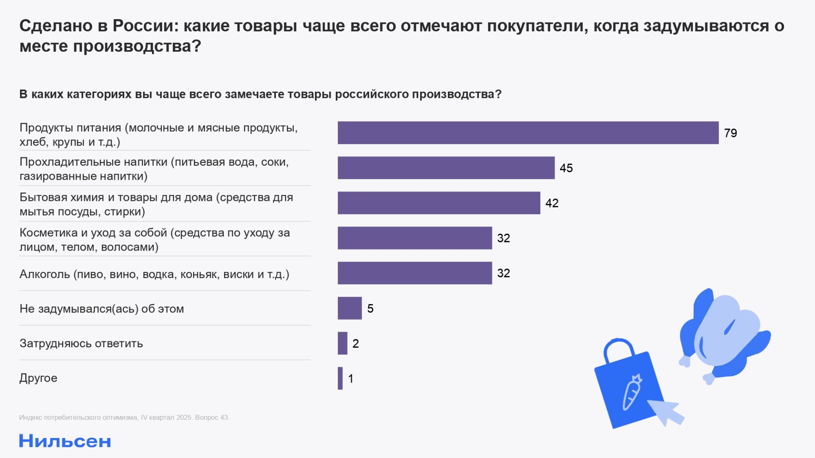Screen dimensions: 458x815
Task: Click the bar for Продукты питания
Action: pyautogui.click(x=528, y=133)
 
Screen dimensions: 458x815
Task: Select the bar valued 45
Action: pyautogui.click(x=446, y=168)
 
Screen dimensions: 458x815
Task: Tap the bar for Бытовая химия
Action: pyautogui.click(x=439, y=203)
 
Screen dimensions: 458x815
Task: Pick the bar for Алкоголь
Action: pyautogui.click(x=415, y=273)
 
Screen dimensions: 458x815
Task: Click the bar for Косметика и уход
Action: pyautogui.click(x=415, y=238)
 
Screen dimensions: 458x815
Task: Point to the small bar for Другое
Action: pyautogui.click(x=340, y=378)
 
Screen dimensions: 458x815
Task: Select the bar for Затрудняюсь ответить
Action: pyautogui.click(x=343, y=343)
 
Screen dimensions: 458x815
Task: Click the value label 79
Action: pyautogui.click(x=730, y=133)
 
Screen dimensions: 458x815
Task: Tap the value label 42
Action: pyautogui.click(x=551, y=203)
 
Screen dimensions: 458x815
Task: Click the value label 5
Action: pyautogui.click(x=370, y=308)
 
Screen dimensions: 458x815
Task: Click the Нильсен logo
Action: pyautogui.click(x=65, y=441)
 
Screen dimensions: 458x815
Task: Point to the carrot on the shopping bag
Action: pyautogui.click(x=632, y=392)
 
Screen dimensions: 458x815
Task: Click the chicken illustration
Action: pyautogui.click(x=724, y=335)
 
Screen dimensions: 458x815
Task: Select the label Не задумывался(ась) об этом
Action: pyautogui.click(x=101, y=309)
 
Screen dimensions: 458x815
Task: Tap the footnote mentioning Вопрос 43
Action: pyautogui.click(x=124, y=417)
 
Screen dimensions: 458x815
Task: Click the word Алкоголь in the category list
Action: pyautogui.click(x=45, y=274)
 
